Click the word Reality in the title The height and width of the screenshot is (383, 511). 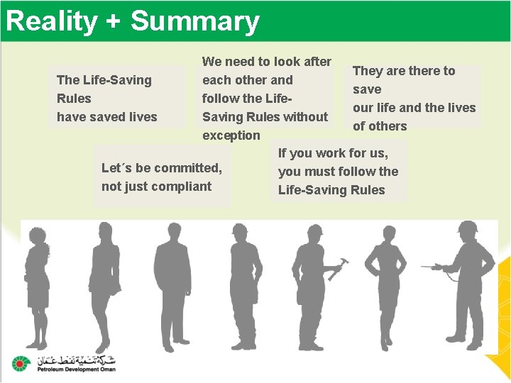pos(52,21)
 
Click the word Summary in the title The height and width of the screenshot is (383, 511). pos(194,21)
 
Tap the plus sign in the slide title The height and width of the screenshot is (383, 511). pos(113,22)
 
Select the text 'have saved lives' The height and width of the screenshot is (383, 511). pos(106,117)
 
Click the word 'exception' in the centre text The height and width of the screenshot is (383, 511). pos(231,135)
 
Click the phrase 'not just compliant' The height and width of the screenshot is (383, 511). pos(156,187)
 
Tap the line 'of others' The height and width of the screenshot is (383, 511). pos(380,126)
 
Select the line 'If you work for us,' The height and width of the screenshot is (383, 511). pos(333,152)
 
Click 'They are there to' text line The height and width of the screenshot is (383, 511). pos(404,71)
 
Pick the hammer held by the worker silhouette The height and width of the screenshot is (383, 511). pos(339,268)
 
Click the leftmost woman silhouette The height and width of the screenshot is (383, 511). pos(38,284)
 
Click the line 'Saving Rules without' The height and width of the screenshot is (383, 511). pos(265,117)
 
